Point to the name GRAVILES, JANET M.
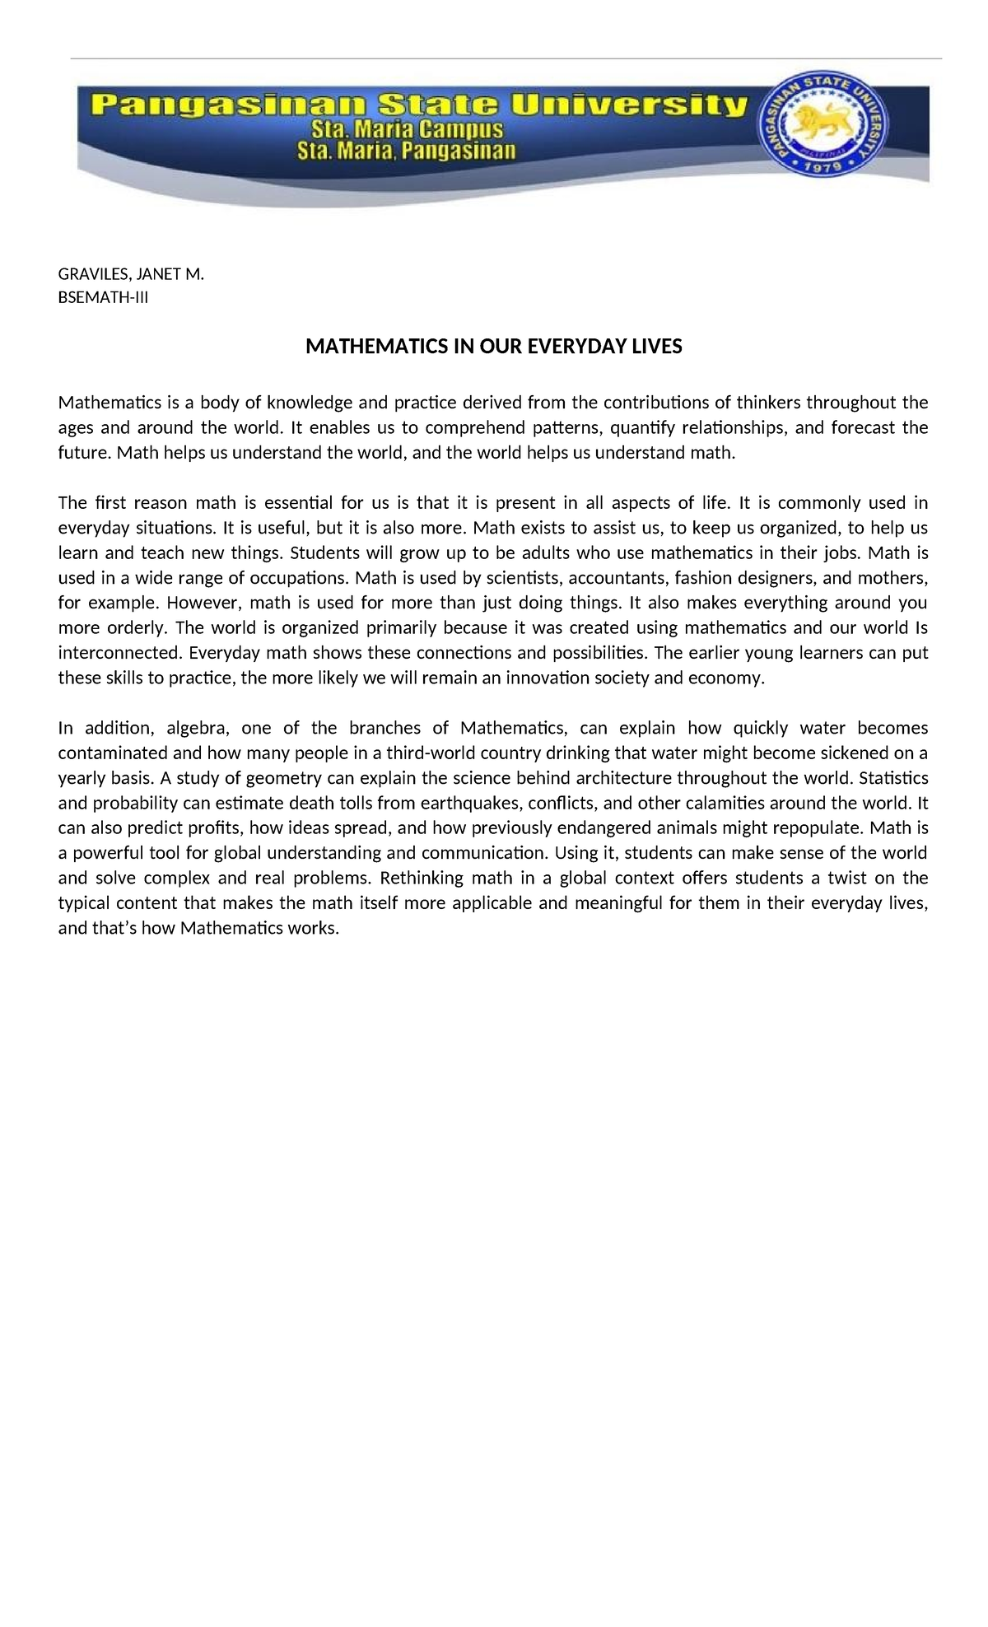tap(130, 274)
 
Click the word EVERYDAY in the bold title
tap(570, 347)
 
